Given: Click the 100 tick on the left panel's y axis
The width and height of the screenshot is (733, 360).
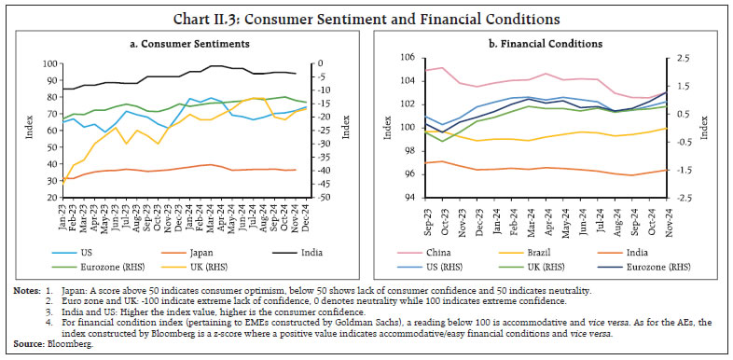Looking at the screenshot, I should tap(48, 63).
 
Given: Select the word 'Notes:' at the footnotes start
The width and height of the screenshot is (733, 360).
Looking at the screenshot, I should tap(26, 279).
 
